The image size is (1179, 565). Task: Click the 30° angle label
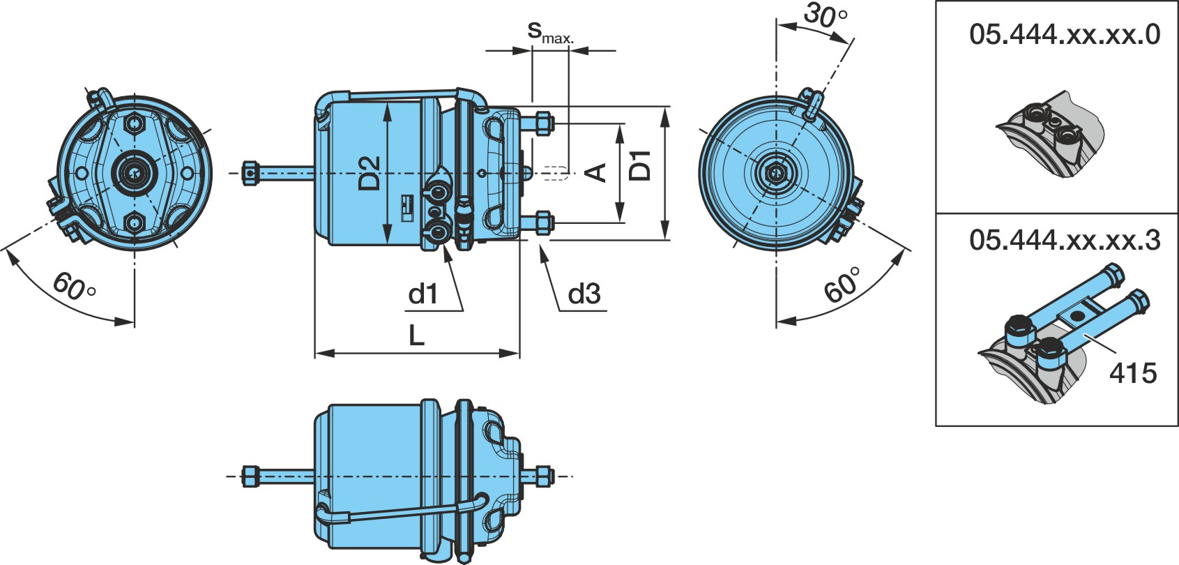pos(826,15)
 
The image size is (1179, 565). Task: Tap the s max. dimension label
pos(551,33)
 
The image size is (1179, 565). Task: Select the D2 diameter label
pos(370,173)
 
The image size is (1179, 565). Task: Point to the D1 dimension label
pos(641,165)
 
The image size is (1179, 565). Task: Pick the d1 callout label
pos(423,294)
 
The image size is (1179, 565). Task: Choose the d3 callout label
pos(584,293)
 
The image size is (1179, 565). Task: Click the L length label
pos(416,335)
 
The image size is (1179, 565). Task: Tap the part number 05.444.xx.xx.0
pos(1065,35)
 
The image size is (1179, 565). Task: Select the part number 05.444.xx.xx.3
pos(1065,240)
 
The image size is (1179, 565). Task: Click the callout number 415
pos(1133,372)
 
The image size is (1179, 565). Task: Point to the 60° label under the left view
pos(74,287)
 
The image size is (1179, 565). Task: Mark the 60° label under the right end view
pos(843,285)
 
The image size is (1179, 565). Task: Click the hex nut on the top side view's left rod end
pos(250,173)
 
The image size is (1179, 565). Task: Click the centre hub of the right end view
pos(775,173)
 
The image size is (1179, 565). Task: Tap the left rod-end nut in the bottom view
pos(250,476)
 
